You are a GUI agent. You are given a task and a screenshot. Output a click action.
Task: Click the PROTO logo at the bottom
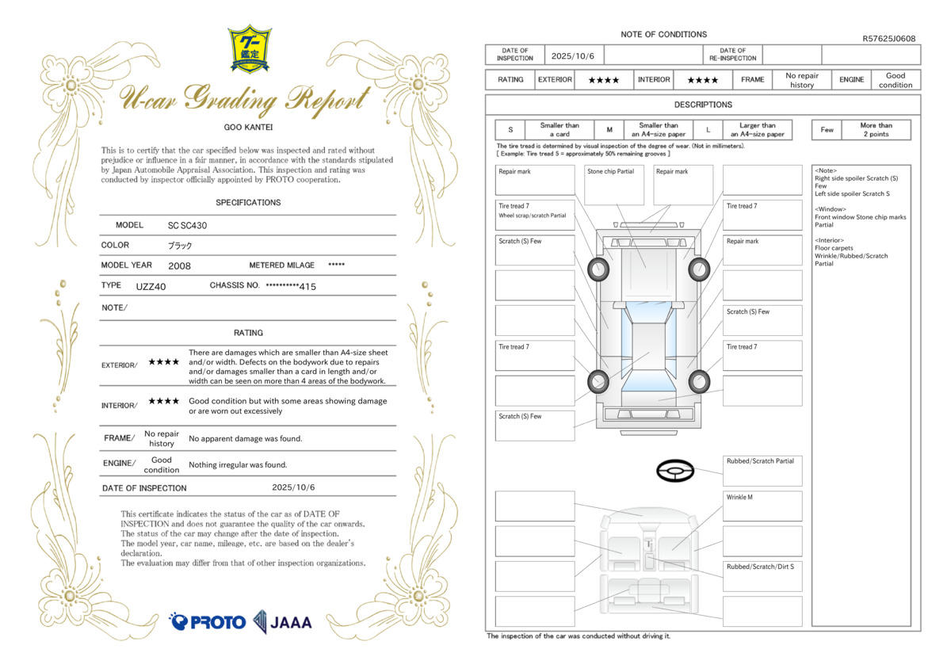click(x=208, y=621)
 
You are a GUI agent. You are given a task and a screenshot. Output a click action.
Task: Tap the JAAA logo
click(x=283, y=621)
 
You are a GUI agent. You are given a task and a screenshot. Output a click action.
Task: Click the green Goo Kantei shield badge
click(x=250, y=48)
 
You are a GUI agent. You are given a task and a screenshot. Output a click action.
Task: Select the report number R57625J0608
click(x=888, y=38)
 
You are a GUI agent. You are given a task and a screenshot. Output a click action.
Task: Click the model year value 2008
click(x=179, y=266)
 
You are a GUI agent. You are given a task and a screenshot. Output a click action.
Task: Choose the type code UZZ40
click(x=151, y=286)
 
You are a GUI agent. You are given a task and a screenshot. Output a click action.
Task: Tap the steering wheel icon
click(x=675, y=472)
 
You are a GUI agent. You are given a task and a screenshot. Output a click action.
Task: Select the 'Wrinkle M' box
click(x=762, y=506)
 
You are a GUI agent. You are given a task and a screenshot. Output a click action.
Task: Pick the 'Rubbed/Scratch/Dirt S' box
click(x=762, y=576)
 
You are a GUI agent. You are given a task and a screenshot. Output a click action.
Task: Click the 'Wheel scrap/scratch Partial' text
click(x=533, y=216)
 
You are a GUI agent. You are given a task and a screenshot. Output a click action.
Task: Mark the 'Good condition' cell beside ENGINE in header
click(x=896, y=80)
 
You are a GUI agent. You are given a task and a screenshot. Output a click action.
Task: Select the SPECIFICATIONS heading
click(x=248, y=203)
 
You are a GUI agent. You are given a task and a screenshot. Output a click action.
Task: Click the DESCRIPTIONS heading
click(x=703, y=105)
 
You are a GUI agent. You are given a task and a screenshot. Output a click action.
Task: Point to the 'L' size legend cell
click(x=708, y=130)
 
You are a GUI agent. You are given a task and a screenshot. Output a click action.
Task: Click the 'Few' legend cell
click(x=827, y=130)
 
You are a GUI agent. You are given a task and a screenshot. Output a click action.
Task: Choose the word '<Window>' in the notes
click(x=831, y=209)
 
